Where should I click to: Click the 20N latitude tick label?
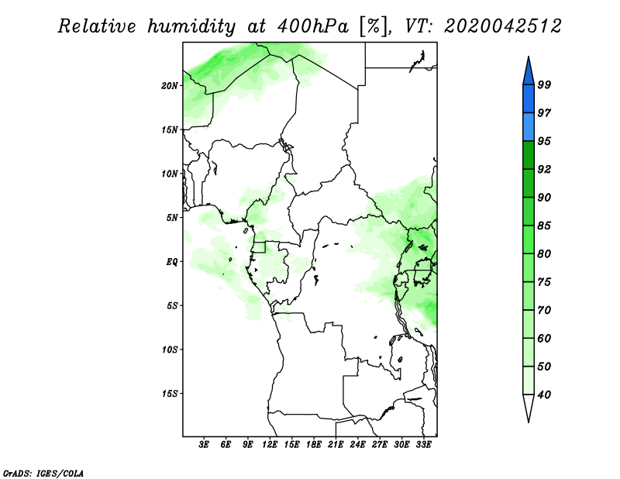170,86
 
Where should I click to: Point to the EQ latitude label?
171,262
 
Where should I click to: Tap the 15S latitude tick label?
170,394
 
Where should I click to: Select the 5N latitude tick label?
172,218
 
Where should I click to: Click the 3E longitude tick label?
204,445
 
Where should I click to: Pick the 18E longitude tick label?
314,445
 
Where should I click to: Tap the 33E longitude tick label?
423,445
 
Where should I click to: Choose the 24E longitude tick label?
357,445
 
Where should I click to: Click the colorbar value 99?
544,84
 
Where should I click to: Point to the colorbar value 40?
544,395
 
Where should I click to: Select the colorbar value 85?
544,226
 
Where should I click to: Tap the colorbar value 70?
544,310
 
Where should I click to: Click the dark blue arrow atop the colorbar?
529,73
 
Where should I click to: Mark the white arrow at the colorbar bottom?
529,406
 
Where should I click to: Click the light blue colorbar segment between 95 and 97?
529,127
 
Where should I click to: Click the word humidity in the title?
191,27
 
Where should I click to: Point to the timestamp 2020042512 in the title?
502,26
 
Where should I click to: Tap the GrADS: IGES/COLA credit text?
43,473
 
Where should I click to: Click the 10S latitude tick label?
170,350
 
